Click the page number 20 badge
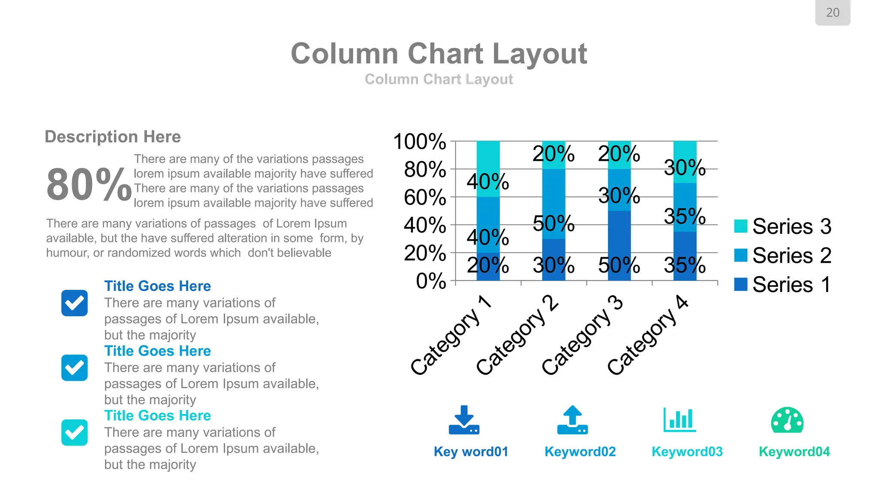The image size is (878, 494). (x=832, y=13)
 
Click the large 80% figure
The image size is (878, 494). (x=89, y=184)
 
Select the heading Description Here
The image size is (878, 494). (x=113, y=137)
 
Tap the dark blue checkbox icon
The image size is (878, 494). (x=75, y=303)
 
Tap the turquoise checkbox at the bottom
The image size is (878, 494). (x=75, y=432)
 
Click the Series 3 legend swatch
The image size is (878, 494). (x=740, y=226)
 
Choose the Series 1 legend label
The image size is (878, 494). (x=791, y=285)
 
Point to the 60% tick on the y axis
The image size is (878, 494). (x=425, y=197)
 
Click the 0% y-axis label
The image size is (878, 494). (x=431, y=281)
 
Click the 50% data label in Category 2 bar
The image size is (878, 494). (x=553, y=223)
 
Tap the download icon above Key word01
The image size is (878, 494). (x=464, y=420)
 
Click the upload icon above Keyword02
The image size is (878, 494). (x=572, y=420)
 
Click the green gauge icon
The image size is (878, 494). (x=787, y=420)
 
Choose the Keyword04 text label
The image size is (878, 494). (x=794, y=452)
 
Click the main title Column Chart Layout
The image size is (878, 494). (x=439, y=54)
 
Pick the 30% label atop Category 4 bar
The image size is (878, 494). (x=685, y=167)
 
